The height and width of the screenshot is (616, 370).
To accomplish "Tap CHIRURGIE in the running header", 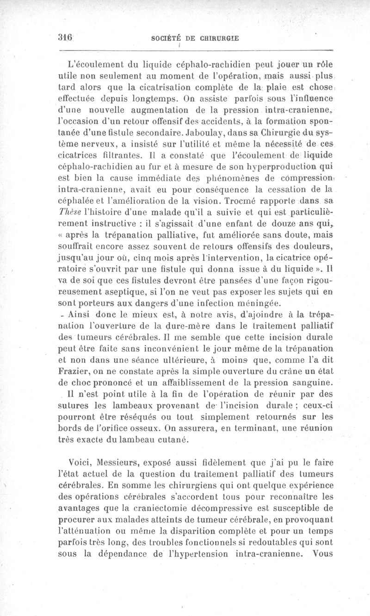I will (x=219, y=39).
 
